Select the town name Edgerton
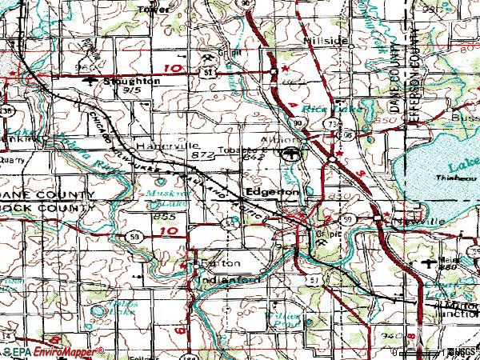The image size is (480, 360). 273,193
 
